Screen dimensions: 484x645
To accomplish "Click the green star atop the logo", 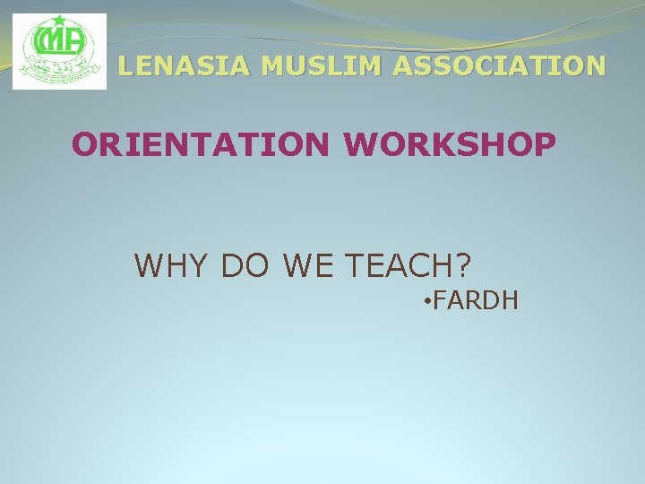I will [59, 21].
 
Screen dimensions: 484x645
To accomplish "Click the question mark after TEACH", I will [461, 265].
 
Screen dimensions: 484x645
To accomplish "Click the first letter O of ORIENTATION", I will [84, 143].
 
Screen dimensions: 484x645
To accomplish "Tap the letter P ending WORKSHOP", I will [543, 143].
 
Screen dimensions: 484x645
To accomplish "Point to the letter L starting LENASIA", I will [126, 65].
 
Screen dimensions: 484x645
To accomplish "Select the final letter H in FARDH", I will [510, 299].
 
